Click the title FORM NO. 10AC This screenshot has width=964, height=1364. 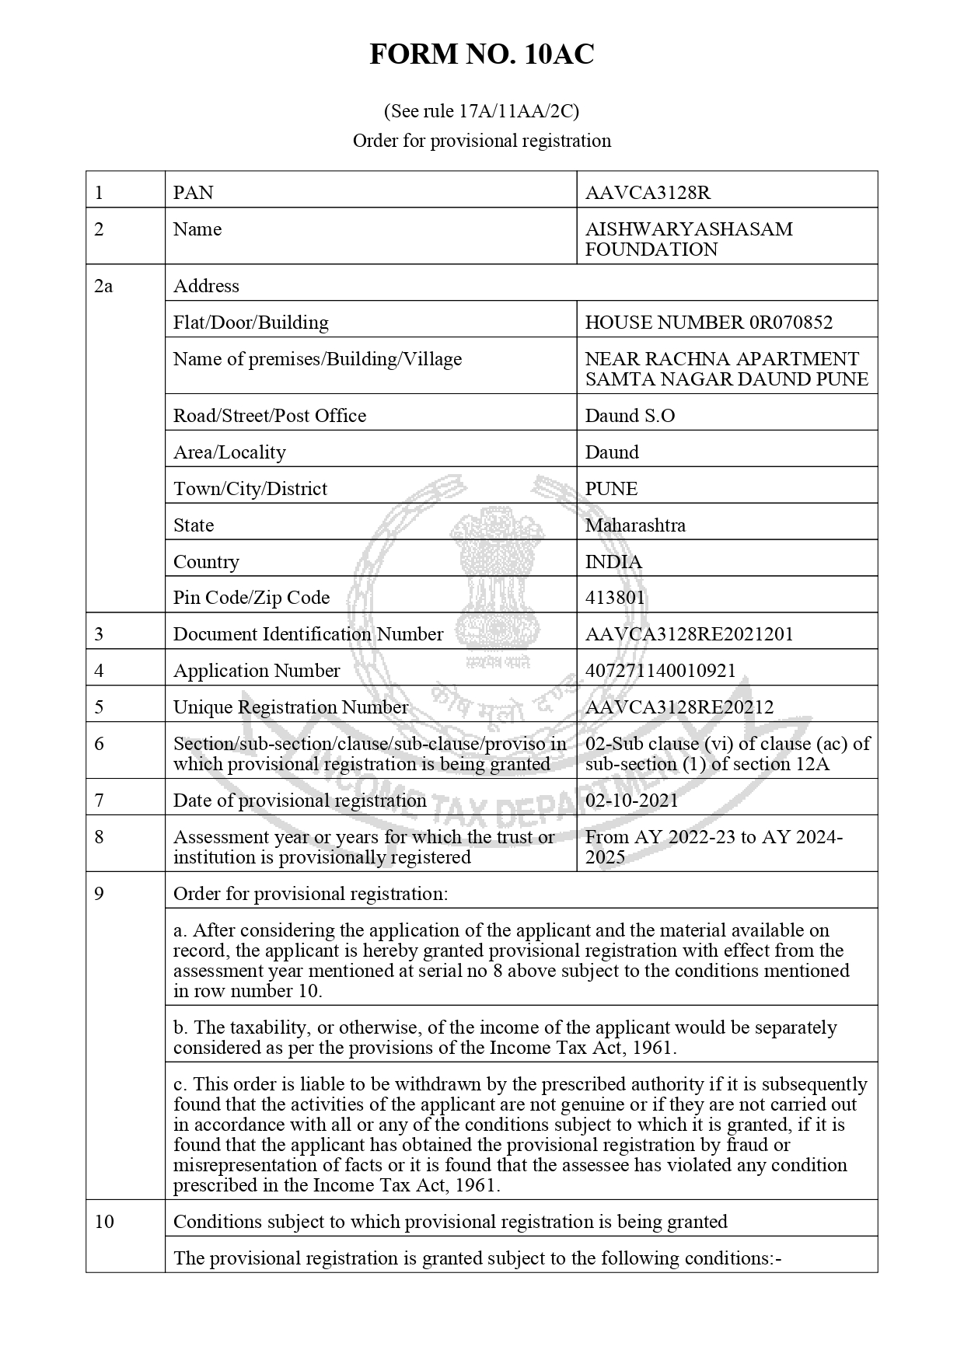pyautogui.click(x=481, y=54)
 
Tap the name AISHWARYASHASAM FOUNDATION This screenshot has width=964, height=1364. pyautogui.click(x=689, y=239)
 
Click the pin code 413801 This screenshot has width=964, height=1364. pyautogui.click(x=615, y=598)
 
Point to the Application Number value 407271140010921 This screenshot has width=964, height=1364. pyautogui.click(x=660, y=671)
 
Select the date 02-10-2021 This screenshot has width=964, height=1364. pyautogui.click(x=631, y=801)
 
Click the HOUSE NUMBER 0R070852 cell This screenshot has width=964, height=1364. pyautogui.click(x=708, y=323)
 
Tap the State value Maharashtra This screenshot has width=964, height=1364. pyautogui.click(x=635, y=525)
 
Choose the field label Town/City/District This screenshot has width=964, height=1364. pyautogui.click(x=250, y=489)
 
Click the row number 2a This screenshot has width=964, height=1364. pyautogui.click(x=103, y=286)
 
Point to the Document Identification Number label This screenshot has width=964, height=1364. pyautogui.click(x=308, y=634)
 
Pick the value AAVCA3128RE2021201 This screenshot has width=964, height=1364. pyautogui.click(x=689, y=634)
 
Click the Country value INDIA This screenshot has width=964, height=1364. pyautogui.click(x=613, y=562)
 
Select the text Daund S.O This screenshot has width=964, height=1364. pyautogui.click(x=630, y=416)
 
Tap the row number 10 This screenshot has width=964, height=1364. pyautogui.click(x=104, y=1222)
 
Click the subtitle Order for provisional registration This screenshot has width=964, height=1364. pyautogui.click(x=481, y=141)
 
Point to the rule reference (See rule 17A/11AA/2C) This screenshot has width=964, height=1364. pyautogui.click(x=481, y=111)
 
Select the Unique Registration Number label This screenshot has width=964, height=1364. pyautogui.click(x=290, y=707)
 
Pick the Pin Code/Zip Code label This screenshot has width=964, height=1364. pyautogui.click(x=251, y=598)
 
